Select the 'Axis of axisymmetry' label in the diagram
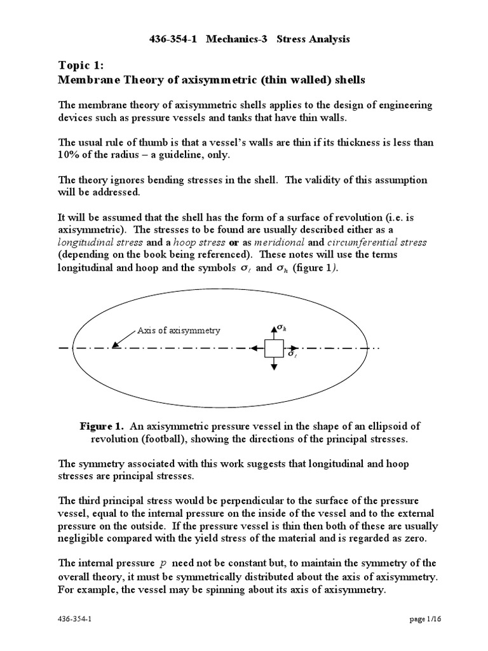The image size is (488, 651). (x=179, y=331)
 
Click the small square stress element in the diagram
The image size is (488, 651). (x=274, y=348)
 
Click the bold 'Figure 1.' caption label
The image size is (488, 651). (x=101, y=425)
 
